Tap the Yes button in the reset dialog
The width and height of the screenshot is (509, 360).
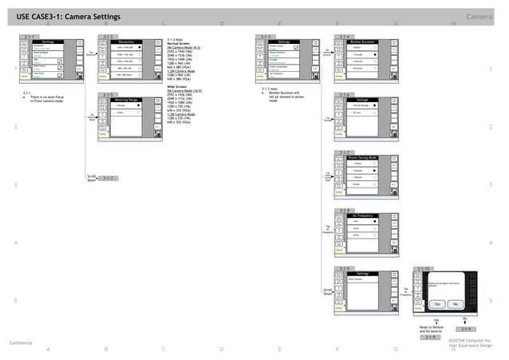click(436, 305)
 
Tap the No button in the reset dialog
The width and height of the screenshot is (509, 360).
click(454, 305)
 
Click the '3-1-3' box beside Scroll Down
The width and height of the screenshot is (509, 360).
click(109, 178)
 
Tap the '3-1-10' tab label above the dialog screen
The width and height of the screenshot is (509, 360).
click(424, 269)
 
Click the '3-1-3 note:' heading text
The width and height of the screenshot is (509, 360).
click(273, 88)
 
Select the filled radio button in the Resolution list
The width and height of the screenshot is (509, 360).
click(138, 48)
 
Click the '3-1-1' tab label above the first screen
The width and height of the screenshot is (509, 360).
click(30, 36)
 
